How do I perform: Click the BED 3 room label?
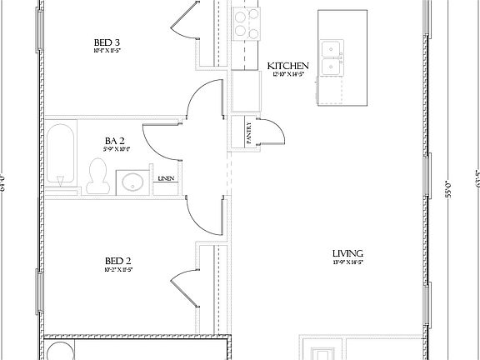107,42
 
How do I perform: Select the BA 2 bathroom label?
115,141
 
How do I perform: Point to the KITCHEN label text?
288,66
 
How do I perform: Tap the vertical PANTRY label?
248,133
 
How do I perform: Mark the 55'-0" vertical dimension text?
448,189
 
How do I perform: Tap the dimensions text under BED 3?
107,52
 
